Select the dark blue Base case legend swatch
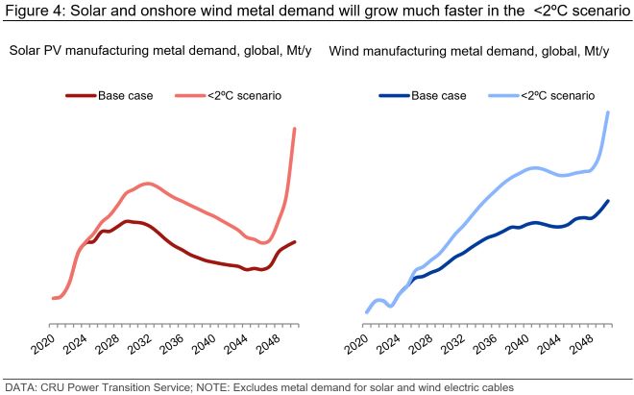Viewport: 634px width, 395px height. click(394, 95)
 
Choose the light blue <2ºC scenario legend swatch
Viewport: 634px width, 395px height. click(502, 95)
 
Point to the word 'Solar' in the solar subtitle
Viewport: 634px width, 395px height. click(27, 50)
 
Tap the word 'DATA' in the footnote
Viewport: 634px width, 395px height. click(20, 386)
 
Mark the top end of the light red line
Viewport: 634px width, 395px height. click(294, 128)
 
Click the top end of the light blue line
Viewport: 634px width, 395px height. click(608, 112)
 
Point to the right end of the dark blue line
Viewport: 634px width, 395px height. click(608, 201)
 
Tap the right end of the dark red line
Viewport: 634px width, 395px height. click(294, 241)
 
